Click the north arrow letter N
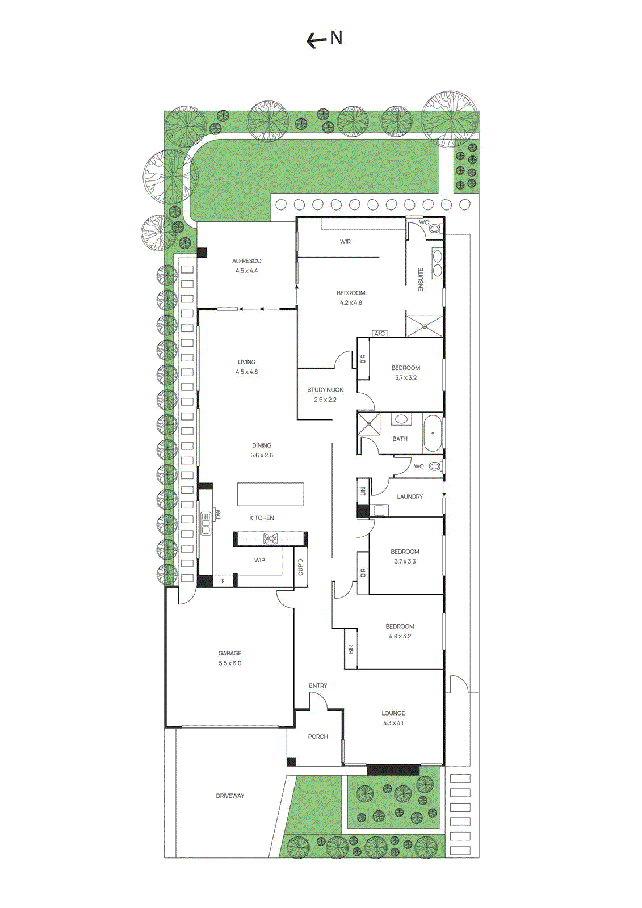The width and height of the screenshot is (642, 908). click(x=336, y=38)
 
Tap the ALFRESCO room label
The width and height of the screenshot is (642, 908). click(x=247, y=261)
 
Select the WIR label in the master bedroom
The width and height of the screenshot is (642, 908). click(x=345, y=242)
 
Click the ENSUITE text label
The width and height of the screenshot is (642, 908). click(x=421, y=280)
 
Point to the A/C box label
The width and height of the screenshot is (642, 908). click(x=380, y=334)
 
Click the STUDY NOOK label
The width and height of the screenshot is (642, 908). click(x=325, y=390)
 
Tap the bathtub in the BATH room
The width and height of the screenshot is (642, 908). click(x=433, y=434)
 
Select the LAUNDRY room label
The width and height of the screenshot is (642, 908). click(x=410, y=497)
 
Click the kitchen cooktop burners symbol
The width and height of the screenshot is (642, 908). click(x=271, y=539)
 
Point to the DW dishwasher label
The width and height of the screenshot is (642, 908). click(x=218, y=515)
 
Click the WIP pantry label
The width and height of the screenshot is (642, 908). click(x=259, y=560)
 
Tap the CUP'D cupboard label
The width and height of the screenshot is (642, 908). click(x=300, y=567)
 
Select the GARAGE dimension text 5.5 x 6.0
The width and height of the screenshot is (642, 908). click(x=230, y=663)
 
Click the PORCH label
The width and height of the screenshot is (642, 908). click(x=318, y=737)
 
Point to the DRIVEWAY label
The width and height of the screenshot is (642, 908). click(x=230, y=796)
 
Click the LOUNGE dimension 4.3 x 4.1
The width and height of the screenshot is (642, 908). click(x=393, y=723)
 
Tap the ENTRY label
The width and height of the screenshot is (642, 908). click(x=318, y=686)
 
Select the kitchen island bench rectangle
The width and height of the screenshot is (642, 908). click(x=270, y=494)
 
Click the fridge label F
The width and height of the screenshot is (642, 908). click(x=223, y=581)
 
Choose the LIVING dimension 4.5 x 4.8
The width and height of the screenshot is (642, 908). click(x=247, y=372)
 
